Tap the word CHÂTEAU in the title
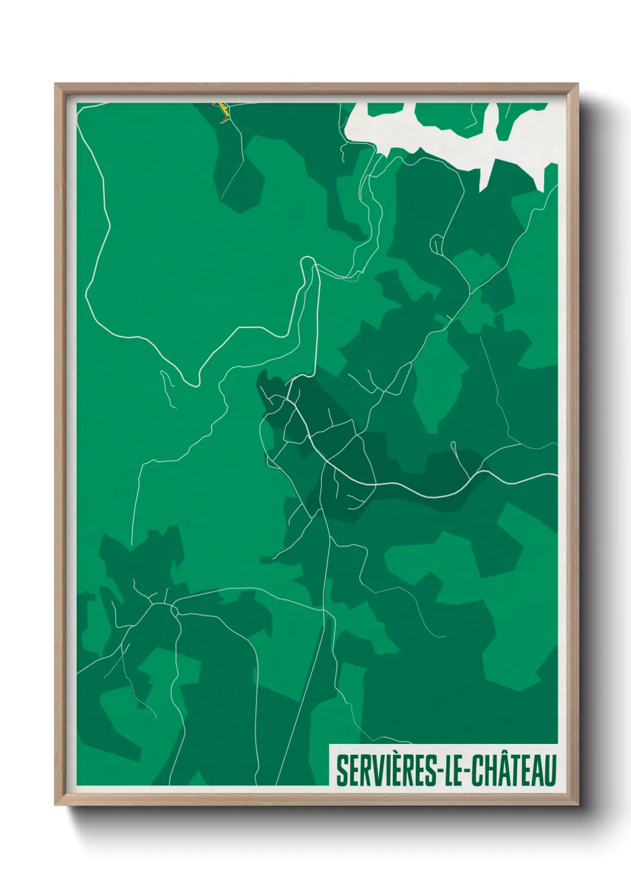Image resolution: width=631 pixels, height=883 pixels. [x=514, y=770]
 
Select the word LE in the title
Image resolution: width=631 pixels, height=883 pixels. [x=449, y=770]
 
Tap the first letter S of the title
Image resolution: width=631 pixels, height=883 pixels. [x=342, y=770]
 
